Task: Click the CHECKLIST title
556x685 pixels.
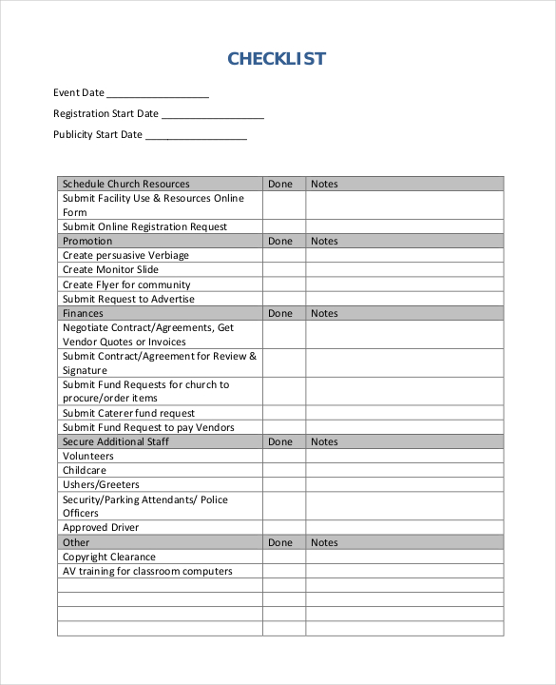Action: (277, 59)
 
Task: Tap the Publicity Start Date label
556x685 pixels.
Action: (98, 135)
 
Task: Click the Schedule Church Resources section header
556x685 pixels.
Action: (125, 184)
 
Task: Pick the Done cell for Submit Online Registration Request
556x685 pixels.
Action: (283, 226)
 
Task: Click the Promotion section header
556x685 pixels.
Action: (87, 241)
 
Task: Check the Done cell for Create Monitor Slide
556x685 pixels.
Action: (283, 270)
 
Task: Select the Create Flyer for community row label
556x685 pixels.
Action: (126, 284)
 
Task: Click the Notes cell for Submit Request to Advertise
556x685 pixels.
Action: (404, 299)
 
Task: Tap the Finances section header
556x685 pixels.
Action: (83, 313)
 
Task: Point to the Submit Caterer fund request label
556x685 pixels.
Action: (128, 413)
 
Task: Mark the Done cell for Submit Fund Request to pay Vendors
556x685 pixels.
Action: (283, 427)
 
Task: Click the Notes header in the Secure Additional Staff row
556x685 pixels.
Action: (324, 441)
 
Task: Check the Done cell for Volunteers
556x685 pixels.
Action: (283, 456)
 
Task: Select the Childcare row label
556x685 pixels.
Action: (85, 470)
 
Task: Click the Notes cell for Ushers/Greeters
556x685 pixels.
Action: (404, 484)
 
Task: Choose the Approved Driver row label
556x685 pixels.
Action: (101, 527)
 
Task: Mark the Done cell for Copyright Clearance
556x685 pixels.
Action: (283, 557)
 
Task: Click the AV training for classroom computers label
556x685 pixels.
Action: (147, 571)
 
